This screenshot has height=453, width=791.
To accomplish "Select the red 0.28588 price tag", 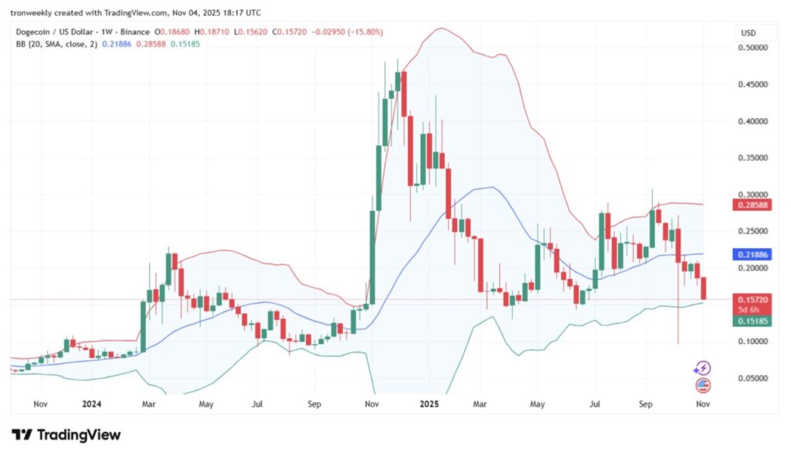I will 752,205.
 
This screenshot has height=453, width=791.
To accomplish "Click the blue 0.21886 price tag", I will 752,254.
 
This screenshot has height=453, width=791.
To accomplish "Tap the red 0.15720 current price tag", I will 752,299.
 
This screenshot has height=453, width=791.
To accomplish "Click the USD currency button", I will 748,33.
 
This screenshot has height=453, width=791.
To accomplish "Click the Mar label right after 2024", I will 150,404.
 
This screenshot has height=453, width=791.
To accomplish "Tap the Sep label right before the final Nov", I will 646,404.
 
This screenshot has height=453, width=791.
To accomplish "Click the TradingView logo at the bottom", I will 66,435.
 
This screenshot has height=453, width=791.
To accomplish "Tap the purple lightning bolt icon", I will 703,368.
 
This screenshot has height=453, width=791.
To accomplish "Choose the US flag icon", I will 703,384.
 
